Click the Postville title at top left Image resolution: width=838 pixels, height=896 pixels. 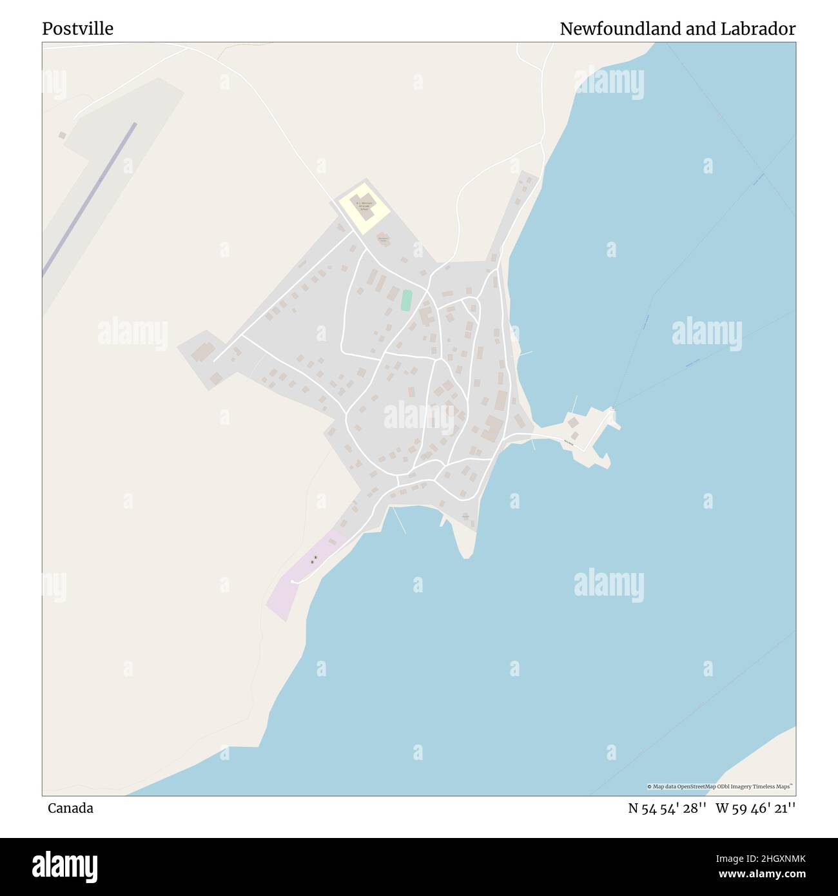[78, 29]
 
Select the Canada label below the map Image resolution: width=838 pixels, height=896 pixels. [70, 808]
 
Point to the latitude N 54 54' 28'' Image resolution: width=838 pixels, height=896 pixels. [667, 808]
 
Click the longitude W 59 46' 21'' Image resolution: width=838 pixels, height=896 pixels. [755, 808]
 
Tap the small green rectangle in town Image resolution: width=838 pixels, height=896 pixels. [406, 300]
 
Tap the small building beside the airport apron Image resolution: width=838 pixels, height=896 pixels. [63, 135]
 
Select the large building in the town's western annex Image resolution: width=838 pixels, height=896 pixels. [204, 352]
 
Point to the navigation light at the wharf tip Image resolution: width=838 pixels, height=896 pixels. [613, 408]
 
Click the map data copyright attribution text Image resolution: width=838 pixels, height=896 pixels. [719, 786]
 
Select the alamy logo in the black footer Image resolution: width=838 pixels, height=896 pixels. [64, 866]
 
